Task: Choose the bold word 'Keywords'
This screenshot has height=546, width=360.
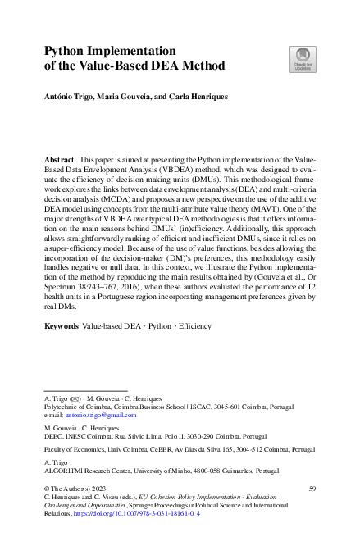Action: [62, 326]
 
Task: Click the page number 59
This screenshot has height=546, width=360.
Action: [312, 489]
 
